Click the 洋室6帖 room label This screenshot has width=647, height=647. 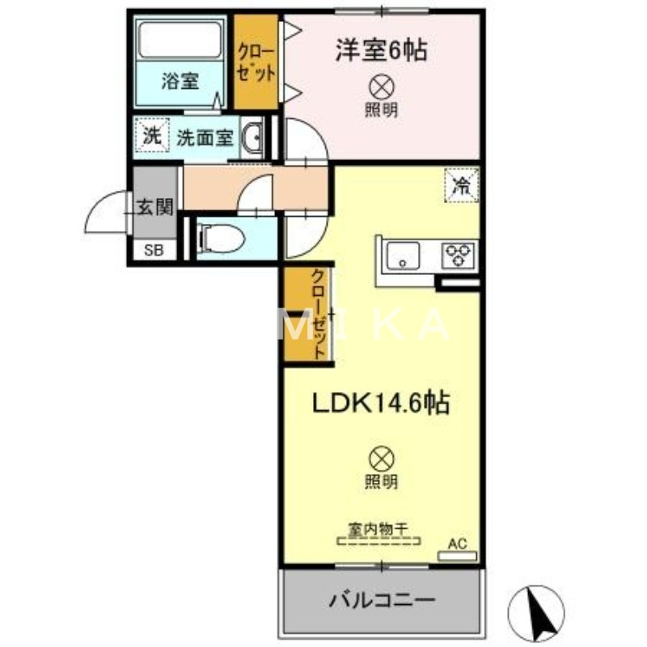pos(382,51)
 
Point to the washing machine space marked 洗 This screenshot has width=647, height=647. pos(151,136)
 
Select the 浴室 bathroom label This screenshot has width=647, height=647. pos(180,82)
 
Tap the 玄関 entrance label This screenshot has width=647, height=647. pos(154,207)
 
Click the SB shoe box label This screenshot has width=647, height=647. pos(153,250)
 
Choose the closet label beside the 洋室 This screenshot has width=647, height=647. pos(256,61)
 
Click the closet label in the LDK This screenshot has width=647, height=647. pos(319,314)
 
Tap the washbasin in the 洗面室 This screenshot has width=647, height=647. pos(252,138)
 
